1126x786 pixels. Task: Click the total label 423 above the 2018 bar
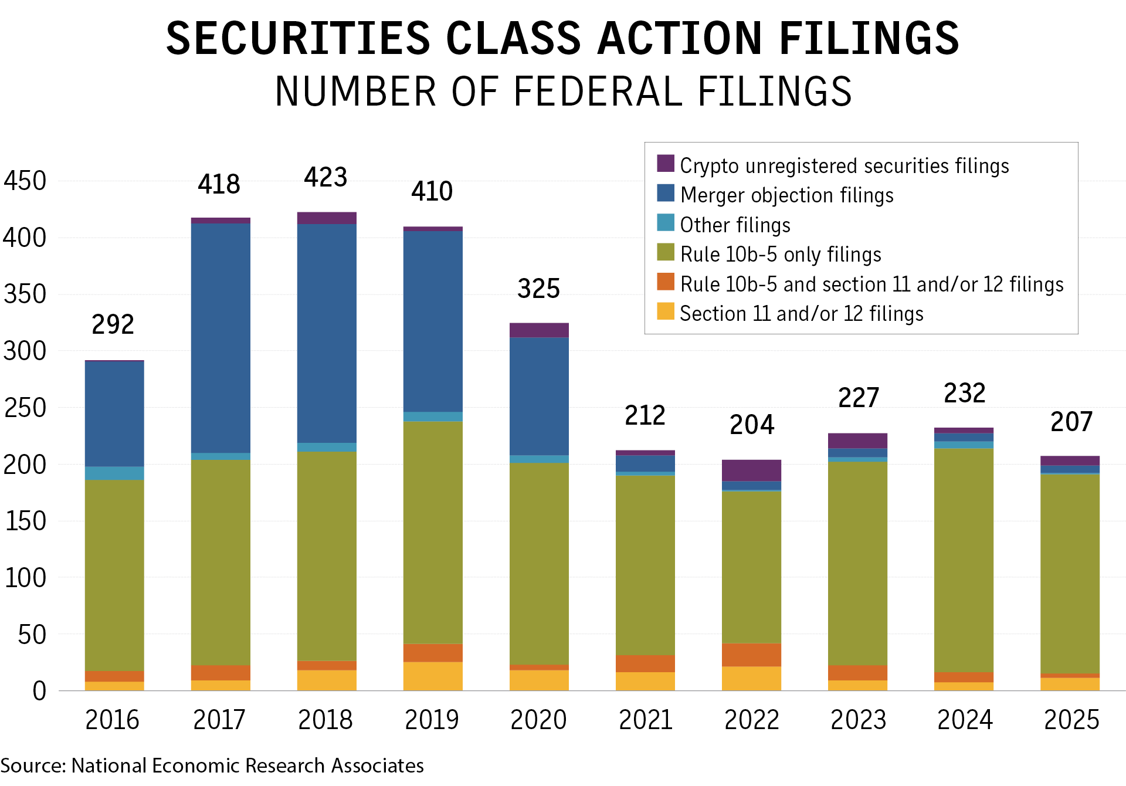point(325,177)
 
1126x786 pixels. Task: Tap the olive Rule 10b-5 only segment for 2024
point(964,560)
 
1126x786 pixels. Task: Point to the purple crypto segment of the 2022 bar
point(751,470)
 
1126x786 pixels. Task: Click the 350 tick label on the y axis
point(25,294)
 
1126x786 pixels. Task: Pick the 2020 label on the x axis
point(538,720)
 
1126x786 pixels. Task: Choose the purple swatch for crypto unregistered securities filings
point(666,164)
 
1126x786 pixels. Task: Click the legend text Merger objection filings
point(787,195)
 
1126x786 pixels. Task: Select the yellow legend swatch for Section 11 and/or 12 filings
point(666,311)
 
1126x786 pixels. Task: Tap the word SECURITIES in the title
point(298,39)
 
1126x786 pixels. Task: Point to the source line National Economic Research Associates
point(247,765)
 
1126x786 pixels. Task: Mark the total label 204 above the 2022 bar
point(751,425)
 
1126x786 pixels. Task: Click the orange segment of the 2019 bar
point(433,653)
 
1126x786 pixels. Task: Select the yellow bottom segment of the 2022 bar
point(751,679)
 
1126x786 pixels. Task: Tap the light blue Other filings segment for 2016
point(114,473)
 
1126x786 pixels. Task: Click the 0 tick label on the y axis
point(39,691)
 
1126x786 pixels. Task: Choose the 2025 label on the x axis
point(1071,720)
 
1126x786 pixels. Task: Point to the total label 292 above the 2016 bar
point(113,324)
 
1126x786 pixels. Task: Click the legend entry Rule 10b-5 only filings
point(781,255)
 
